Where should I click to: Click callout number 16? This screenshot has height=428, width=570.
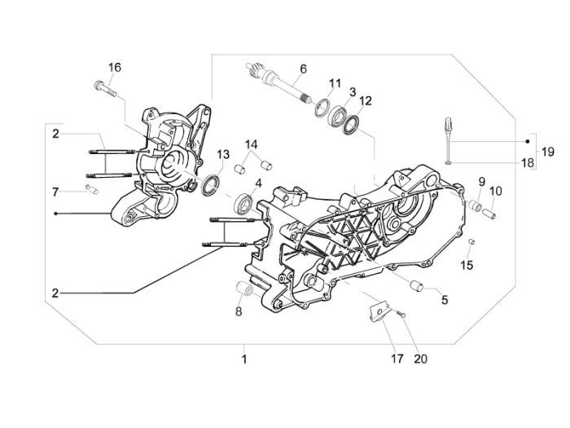click(114, 67)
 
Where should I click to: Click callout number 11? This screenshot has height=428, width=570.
click(335, 83)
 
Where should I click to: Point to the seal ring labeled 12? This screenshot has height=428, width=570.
click(353, 124)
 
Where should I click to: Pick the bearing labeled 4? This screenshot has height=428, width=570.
click(242, 202)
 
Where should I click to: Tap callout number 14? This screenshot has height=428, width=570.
click(252, 143)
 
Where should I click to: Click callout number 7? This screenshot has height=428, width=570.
click(56, 192)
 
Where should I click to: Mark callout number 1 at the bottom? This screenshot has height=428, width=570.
click(243, 358)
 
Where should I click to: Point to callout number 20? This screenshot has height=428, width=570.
click(420, 358)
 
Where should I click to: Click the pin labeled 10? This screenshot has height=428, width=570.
click(492, 214)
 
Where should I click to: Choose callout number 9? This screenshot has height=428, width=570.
click(482, 181)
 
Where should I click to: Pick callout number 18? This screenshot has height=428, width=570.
click(528, 163)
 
